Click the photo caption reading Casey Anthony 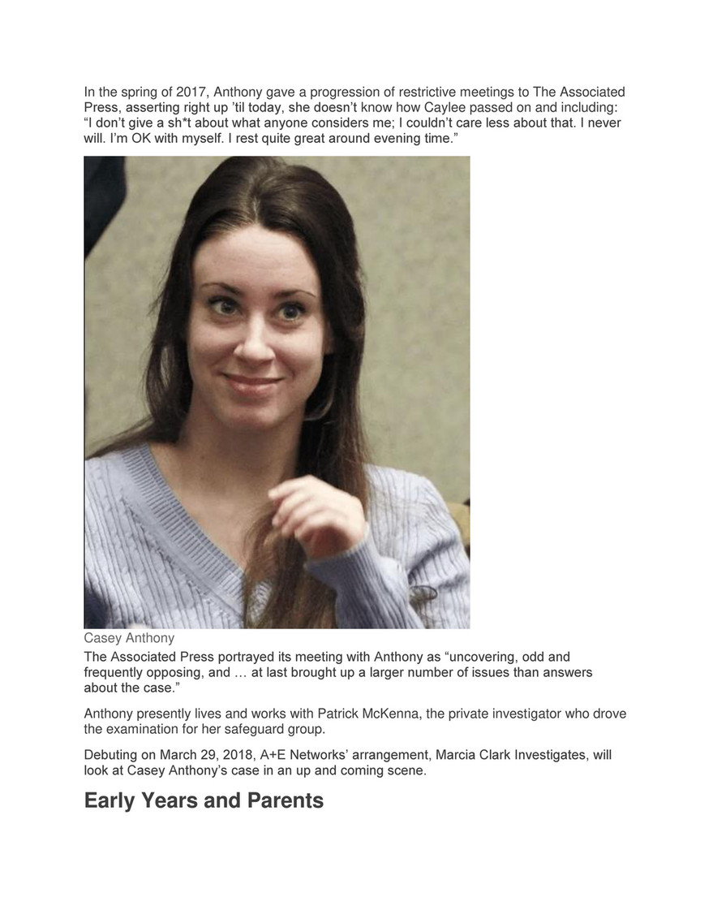pos(129,638)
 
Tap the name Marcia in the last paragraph pos(457,755)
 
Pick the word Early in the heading pos(111,800)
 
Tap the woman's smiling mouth pos(252,381)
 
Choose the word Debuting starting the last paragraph pos(113,755)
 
